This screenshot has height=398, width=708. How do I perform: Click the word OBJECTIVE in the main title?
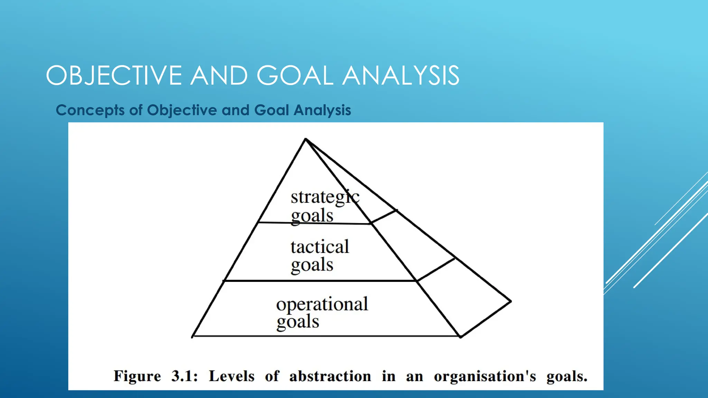[x=114, y=75]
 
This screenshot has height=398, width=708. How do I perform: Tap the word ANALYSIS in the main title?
[x=401, y=75]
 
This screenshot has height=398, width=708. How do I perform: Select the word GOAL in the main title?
[x=295, y=75]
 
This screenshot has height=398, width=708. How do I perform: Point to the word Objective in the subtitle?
[x=182, y=110]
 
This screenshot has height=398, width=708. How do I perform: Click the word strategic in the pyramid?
[x=325, y=197]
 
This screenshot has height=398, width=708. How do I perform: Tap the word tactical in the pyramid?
[x=320, y=247]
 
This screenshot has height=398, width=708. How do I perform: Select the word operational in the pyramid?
[x=322, y=304]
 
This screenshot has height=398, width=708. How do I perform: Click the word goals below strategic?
[x=312, y=216]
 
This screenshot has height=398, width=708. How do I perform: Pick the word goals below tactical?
[x=312, y=265]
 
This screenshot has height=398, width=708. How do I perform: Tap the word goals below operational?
[x=297, y=322]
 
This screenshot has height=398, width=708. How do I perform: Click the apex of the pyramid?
[x=306, y=139]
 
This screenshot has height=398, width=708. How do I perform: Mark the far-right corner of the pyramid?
[x=511, y=301]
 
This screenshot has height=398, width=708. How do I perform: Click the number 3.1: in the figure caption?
[x=184, y=376]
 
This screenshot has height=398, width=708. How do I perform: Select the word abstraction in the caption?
[x=330, y=376]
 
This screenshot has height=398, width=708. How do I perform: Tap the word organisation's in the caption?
[x=485, y=376]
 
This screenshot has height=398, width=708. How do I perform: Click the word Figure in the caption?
[x=137, y=376]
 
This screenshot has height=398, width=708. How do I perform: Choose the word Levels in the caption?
[x=232, y=376]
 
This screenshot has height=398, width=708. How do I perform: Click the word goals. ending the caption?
[x=567, y=376]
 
